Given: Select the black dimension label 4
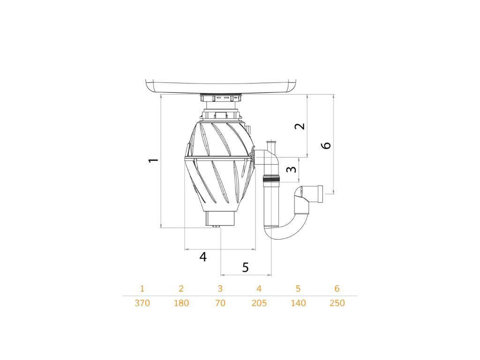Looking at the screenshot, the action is coord(203,257).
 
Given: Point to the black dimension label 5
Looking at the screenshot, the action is coord(246,267).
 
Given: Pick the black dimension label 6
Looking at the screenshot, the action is coord(326,145).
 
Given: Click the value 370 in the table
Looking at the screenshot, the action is coord(142,303).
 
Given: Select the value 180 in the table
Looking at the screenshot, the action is coord(181,303).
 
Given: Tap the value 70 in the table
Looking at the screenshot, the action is coord(220,303).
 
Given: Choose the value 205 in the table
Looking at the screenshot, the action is coord(259,303).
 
